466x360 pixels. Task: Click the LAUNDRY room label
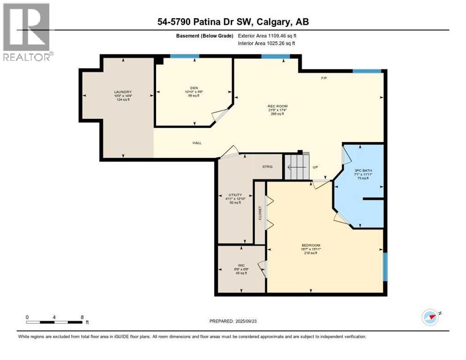pos(123,92)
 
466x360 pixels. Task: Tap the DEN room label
pos(194,87)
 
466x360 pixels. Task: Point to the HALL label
pos(197,143)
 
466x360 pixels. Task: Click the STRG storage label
pos(267,167)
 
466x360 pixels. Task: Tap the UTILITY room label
pos(235,195)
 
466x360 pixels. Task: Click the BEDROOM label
pos(310,246)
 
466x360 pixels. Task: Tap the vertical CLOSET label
pos(260,213)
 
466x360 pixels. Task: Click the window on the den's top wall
pos(184,57)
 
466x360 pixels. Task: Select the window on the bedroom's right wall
pos(385,267)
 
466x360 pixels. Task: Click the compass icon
pos(430,317)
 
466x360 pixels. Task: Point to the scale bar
pos(55,322)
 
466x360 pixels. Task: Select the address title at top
pos(233,22)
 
